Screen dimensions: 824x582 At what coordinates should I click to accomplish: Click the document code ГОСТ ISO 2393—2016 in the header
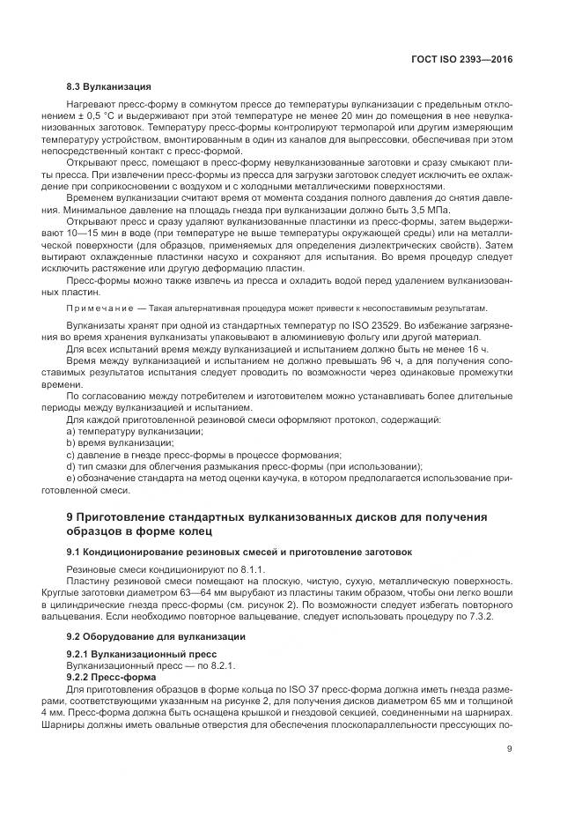(464, 58)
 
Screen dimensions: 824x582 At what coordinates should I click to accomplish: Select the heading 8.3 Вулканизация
(109, 87)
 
